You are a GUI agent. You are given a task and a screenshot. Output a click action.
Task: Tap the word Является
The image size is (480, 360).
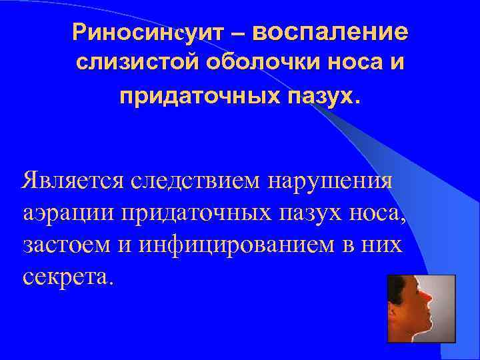coord(72,181)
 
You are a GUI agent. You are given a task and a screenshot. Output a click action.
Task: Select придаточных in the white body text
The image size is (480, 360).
coord(183,213)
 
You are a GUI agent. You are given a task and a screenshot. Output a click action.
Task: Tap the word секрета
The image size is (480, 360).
coord(63,276)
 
